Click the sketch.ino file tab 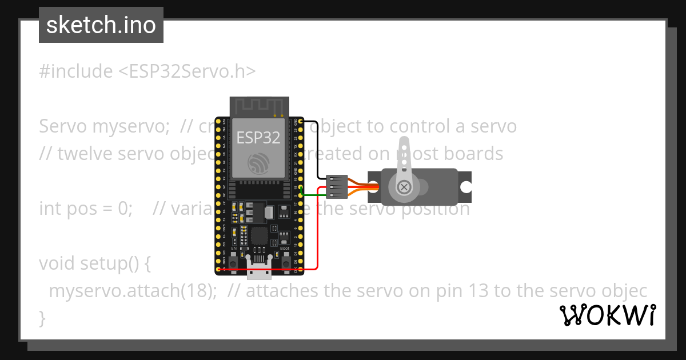pos(101,26)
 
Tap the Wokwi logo pos(608,315)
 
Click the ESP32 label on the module pos(258,138)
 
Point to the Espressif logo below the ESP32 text pos(258,164)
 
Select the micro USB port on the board pos(258,271)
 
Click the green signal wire pos(313,195)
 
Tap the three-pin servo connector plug pos(336,187)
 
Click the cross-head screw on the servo pos(404,187)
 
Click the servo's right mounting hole pos(466,187)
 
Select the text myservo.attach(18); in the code pos(133,291)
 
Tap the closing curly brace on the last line pos(42,318)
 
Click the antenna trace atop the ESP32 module pos(258,106)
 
